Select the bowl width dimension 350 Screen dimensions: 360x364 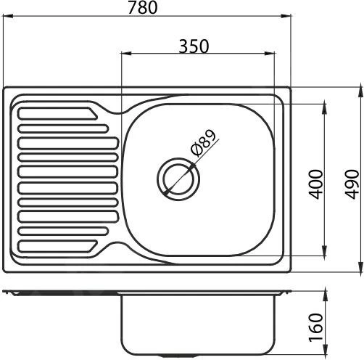coord(194,46)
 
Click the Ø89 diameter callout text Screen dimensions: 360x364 coord(204,143)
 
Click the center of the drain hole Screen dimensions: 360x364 coord(176,178)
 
